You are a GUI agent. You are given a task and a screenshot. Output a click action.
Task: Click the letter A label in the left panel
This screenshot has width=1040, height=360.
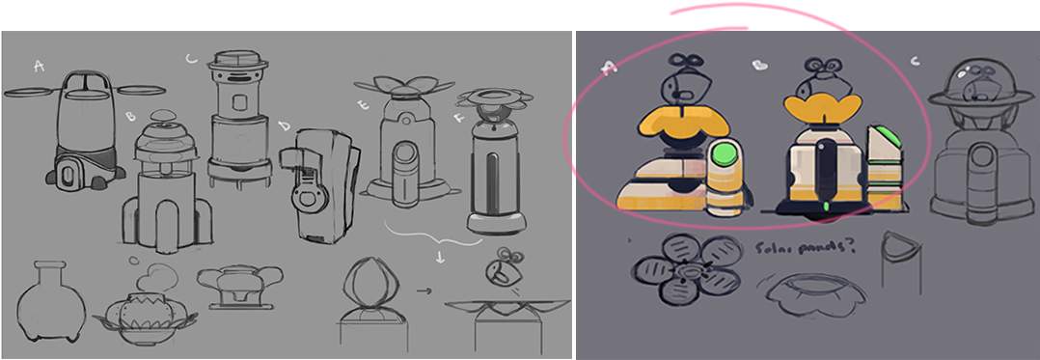(39, 66)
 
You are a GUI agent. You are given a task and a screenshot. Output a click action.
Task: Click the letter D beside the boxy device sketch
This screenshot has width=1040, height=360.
(285, 126)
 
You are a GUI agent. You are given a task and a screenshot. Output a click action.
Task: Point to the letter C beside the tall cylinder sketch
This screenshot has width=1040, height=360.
(191, 60)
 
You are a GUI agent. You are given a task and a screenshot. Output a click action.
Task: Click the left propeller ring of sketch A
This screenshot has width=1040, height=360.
(33, 94)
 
